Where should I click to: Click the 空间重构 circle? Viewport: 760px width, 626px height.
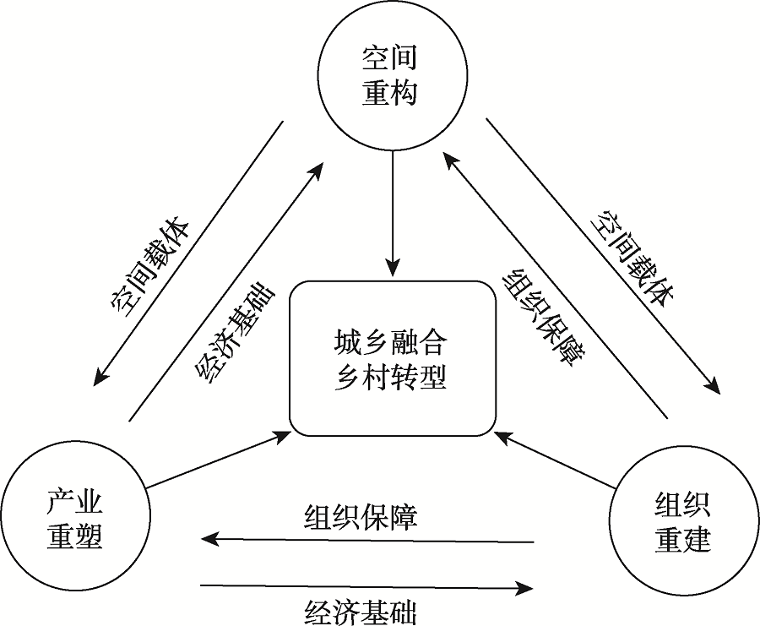[390, 76]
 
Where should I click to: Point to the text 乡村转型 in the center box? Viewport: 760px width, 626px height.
[390, 377]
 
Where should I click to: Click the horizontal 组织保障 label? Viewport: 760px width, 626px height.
[361, 516]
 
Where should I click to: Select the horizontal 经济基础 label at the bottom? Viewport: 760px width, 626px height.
[361, 611]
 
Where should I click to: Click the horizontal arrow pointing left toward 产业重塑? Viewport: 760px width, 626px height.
[367, 538]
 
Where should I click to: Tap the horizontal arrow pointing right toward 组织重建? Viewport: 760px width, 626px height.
[367, 585]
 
